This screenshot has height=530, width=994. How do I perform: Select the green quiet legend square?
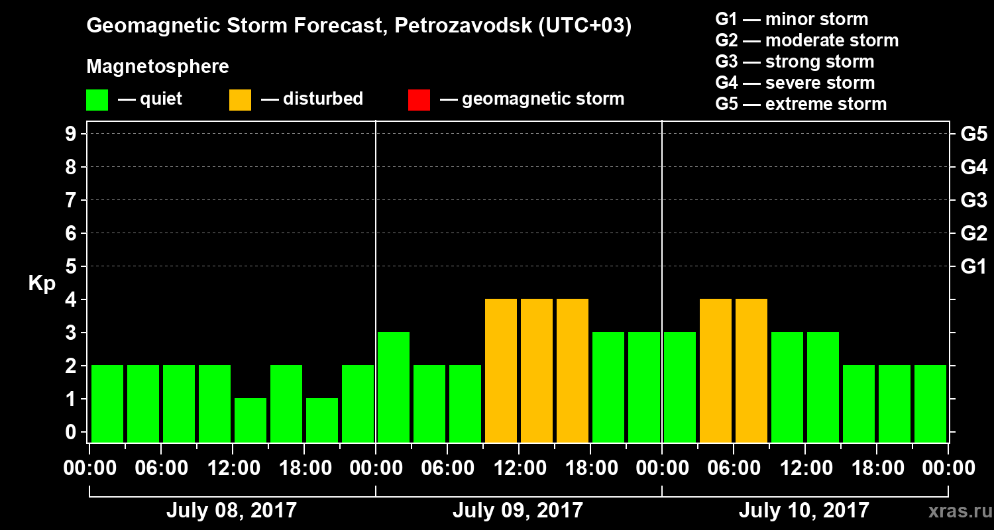(97, 99)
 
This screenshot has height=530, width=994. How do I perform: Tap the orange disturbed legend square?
(240, 99)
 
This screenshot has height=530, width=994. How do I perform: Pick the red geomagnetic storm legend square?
(419, 99)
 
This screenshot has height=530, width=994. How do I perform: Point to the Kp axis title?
(42, 283)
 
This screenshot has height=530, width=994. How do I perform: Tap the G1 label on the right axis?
(973, 266)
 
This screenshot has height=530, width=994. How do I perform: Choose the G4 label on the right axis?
(973, 167)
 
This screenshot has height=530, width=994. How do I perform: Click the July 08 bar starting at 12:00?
(250, 420)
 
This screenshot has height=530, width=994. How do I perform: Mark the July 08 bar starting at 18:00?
(322, 420)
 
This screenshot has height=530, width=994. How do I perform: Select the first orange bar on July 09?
(501, 370)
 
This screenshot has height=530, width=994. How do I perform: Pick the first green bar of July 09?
(394, 387)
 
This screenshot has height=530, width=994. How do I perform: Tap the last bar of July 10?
(930, 403)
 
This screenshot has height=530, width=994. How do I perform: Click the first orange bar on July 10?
(716, 370)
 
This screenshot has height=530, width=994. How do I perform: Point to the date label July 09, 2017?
(518, 511)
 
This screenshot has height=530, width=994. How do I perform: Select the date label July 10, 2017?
(804, 511)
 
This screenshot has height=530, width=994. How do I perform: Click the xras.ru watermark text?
(955, 511)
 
